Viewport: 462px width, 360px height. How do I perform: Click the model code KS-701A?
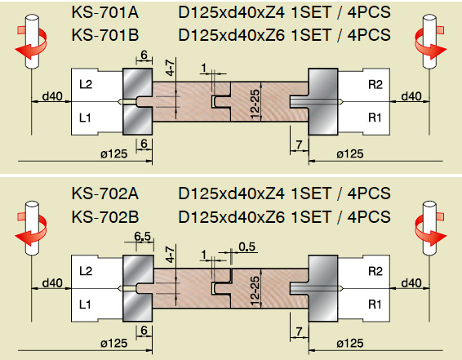(x=105, y=13)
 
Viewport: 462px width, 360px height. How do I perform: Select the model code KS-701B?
(x=105, y=35)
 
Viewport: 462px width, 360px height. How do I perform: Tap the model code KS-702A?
(x=105, y=193)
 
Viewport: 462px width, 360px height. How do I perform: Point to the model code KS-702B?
(x=105, y=217)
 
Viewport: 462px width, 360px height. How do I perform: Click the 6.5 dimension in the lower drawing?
(x=142, y=236)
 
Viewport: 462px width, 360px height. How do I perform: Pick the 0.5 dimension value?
(x=247, y=247)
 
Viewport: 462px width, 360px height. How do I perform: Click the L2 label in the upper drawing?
(x=86, y=85)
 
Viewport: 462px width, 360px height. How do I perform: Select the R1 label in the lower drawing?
(x=375, y=304)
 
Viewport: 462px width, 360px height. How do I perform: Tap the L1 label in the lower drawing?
(x=85, y=304)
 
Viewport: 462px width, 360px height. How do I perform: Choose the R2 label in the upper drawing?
(x=375, y=85)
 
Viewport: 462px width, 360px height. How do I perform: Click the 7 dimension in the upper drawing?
(x=299, y=144)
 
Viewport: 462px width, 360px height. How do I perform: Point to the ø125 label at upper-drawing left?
(x=113, y=153)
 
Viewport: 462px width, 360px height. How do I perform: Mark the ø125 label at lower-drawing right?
(x=349, y=343)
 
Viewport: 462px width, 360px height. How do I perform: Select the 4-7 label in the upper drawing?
(x=171, y=67)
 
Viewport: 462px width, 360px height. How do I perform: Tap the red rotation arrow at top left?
(x=31, y=43)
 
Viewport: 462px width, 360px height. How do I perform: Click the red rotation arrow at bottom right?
(x=430, y=229)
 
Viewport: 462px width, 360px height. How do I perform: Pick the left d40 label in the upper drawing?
(x=52, y=96)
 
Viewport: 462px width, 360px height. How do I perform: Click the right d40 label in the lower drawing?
(x=411, y=283)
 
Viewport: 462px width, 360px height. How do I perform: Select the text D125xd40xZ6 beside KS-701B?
(x=232, y=35)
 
